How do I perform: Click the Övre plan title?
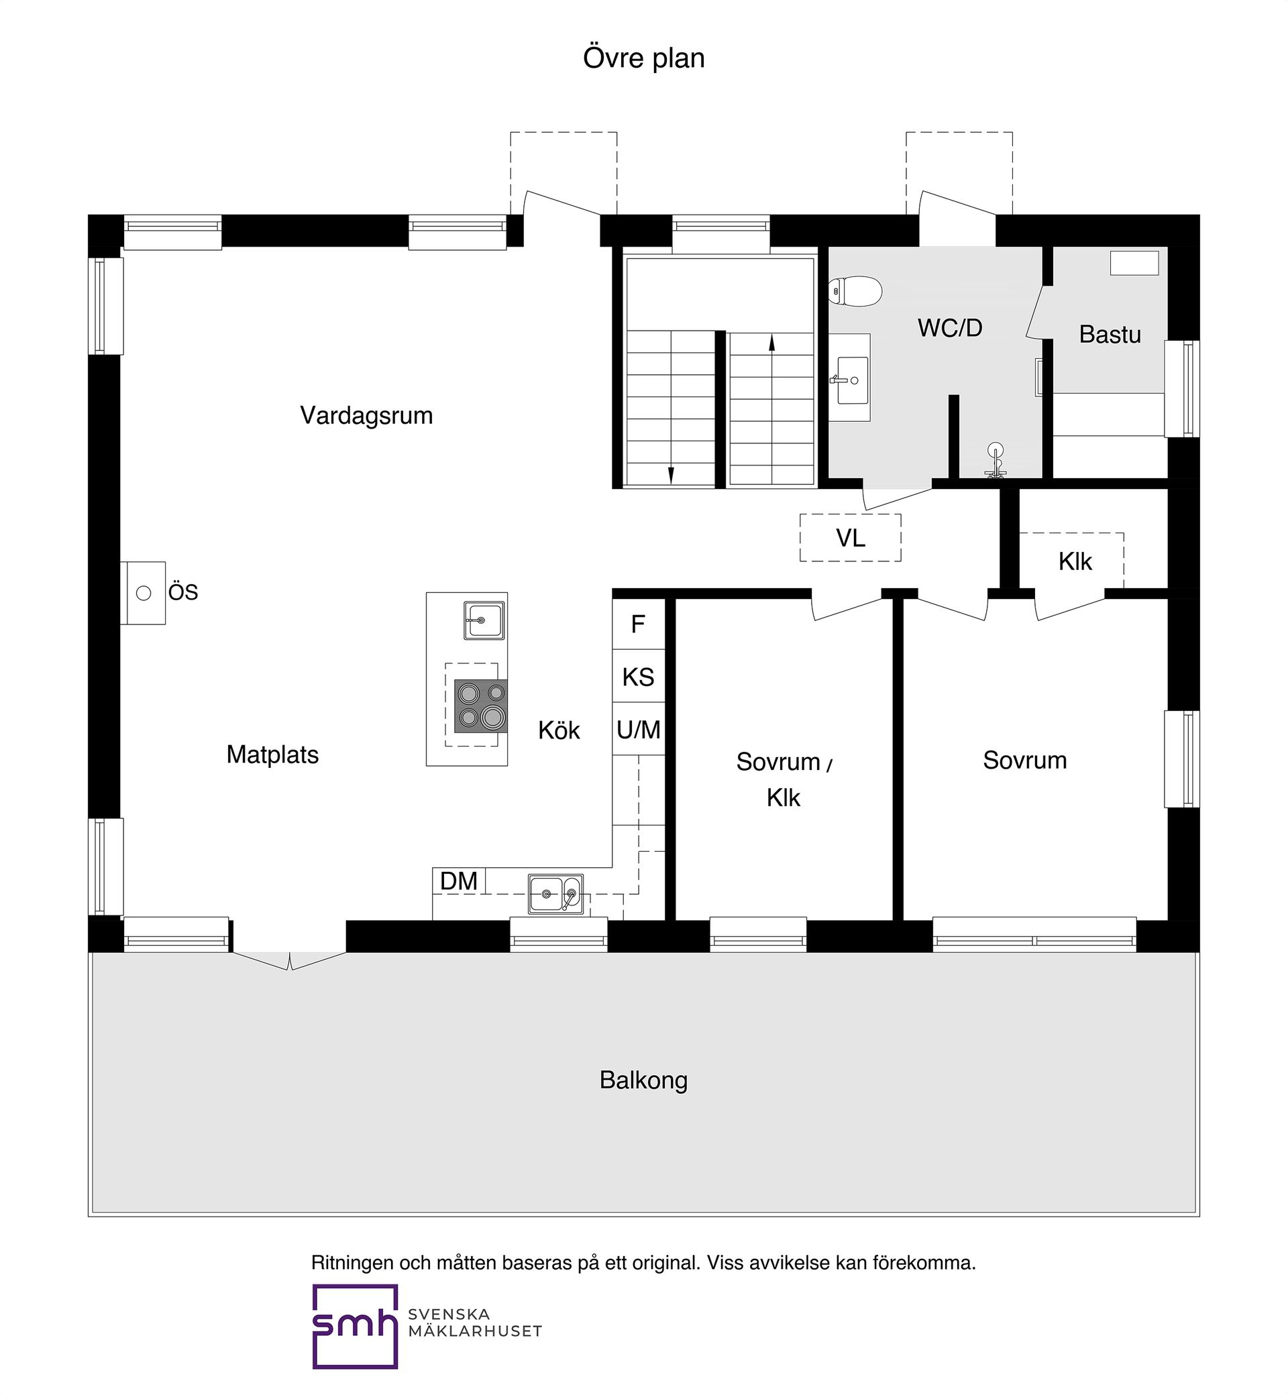pos(643,58)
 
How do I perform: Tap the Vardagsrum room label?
pos(366,415)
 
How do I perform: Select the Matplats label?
pos(272,755)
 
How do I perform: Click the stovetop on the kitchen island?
pos(480,706)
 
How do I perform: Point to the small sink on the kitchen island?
pos(484,620)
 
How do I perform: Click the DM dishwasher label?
pos(459,881)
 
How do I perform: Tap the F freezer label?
pos(638,624)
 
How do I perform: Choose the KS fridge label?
pos(639,677)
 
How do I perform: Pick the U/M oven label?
pos(639,730)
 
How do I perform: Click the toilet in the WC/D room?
pos(855,291)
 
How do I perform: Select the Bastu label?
pos(1110,335)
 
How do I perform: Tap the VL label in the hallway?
pos(851,538)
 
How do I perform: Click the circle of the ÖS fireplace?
pos(144,593)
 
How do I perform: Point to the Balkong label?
pos(643,1080)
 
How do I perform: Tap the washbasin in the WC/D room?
pos(853,380)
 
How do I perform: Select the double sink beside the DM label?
pos(555,893)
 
